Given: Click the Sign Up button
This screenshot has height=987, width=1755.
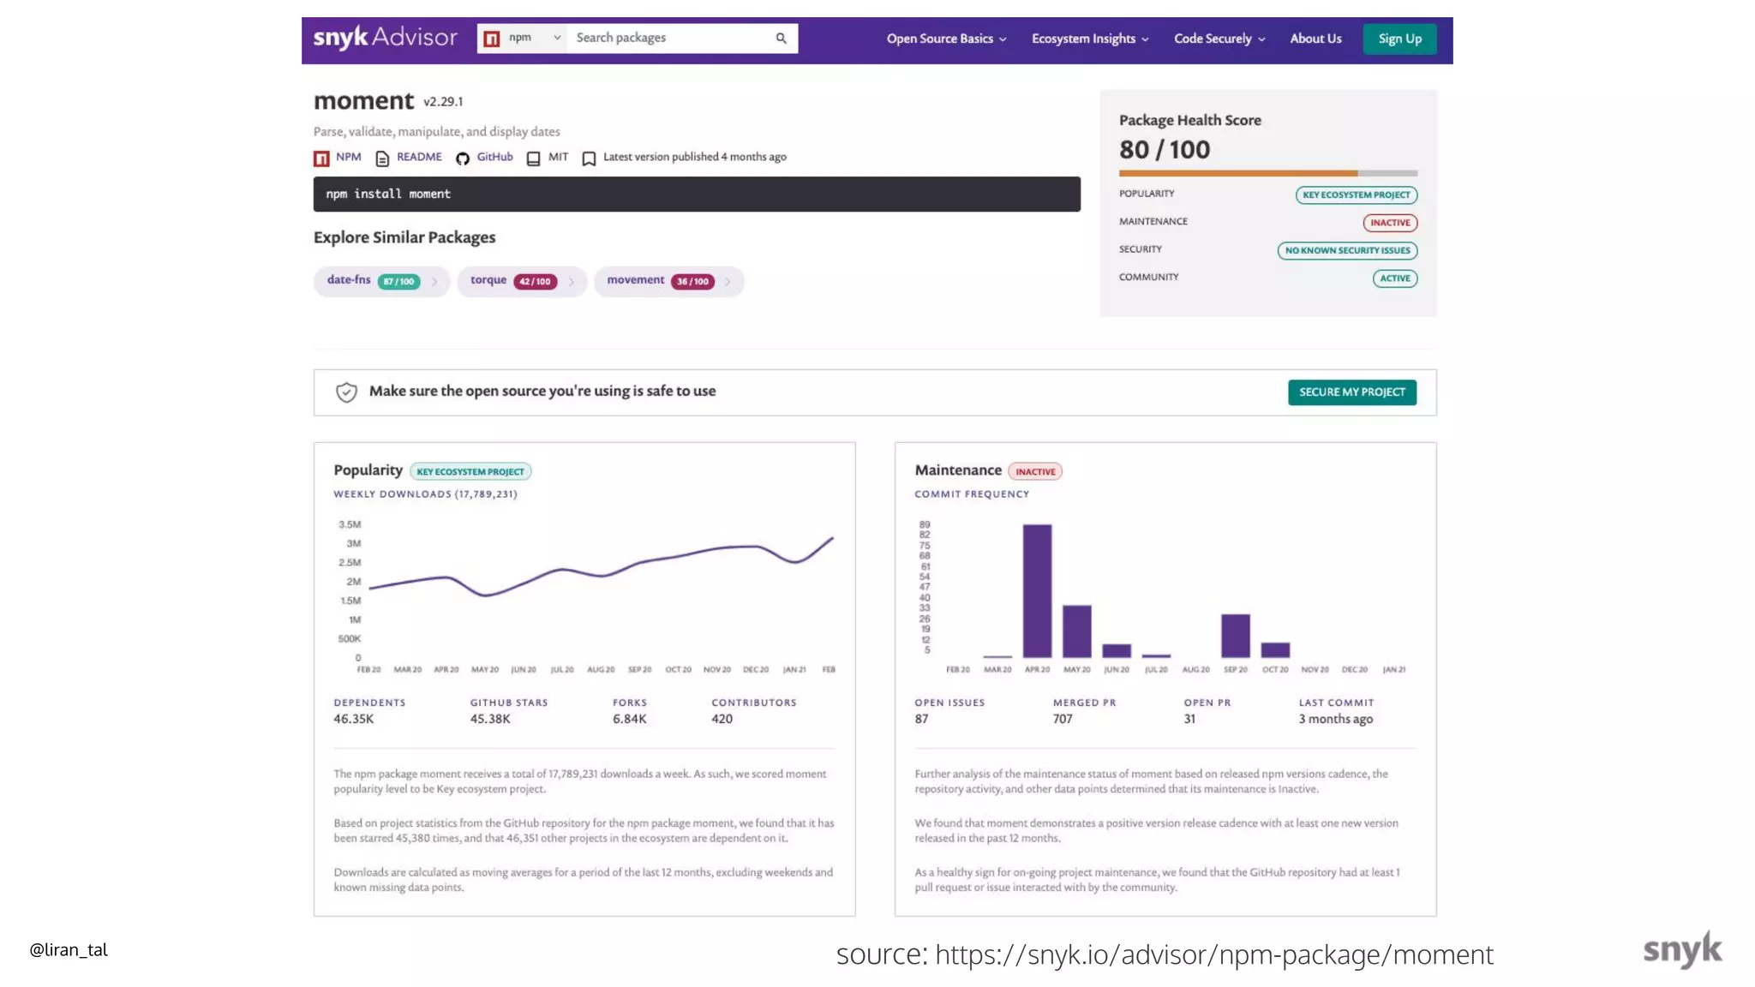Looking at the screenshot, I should (1399, 39).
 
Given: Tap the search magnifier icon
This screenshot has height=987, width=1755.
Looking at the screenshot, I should (781, 38).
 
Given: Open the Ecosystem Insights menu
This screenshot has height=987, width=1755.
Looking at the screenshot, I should (1089, 39).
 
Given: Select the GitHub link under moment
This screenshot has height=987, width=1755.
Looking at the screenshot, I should (494, 157).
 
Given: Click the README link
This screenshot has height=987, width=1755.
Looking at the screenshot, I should (419, 157).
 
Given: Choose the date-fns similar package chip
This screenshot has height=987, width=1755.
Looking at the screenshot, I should (349, 280).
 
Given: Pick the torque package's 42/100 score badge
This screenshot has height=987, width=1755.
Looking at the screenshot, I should (535, 281).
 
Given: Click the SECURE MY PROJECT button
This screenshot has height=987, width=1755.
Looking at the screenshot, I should (1351, 392).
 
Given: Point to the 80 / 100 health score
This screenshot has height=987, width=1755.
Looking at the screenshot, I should (1165, 150).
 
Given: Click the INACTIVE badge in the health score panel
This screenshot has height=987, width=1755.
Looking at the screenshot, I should (1389, 223).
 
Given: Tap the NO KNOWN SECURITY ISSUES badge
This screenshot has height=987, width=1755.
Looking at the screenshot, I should (1347, 250).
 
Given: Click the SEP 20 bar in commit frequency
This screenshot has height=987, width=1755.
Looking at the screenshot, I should (1235, 635).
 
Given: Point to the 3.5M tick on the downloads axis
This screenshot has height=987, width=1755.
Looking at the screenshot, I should (350, 524).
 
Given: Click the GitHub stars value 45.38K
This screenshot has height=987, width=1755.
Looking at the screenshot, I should (490, 719).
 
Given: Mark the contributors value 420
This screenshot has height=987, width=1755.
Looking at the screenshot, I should (722, 719).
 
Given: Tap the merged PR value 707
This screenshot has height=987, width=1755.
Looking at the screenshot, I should (1063, 719).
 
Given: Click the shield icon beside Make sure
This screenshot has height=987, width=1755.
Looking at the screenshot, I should (346, 392).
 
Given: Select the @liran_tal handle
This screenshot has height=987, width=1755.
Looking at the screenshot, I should (69, 949).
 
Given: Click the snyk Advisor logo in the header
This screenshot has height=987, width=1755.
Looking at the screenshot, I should (385, 38).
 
